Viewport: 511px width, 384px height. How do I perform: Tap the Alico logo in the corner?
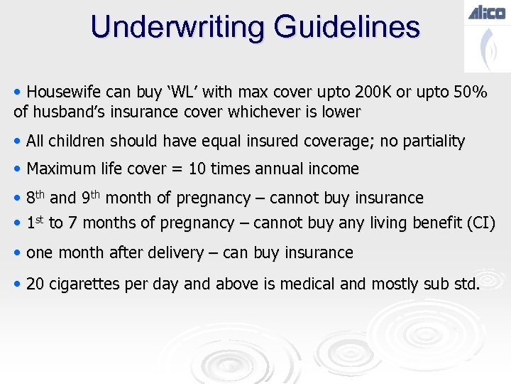point(486,12)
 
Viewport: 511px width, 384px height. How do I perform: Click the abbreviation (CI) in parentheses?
point(480,223)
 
